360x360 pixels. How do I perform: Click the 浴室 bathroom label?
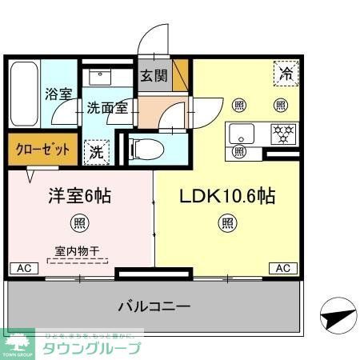click(x=57, y=94)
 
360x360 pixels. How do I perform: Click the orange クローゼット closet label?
click(x=42, y=150)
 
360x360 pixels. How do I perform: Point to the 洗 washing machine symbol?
click(x=96, y=150)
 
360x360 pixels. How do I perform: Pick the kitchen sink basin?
click(x=240, y=132)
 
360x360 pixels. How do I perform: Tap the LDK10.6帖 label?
click(x=228, y=196)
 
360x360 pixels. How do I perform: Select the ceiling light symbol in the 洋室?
click(x=79, y=222)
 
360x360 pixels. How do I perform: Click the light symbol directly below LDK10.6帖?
click(x=228, y=222)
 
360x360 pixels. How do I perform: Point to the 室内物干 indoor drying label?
click(x=78, y=250)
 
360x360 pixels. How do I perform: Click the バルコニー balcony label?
click(x=154, y=306)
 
